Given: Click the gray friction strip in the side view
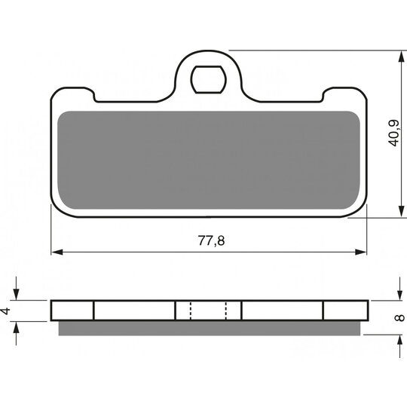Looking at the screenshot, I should point(211,326).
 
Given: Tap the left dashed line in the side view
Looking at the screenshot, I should point(190,311).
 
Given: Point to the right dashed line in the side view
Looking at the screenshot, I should point(226,311).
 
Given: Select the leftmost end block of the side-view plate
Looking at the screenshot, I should point(72,311).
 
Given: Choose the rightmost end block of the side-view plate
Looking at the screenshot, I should point(346,311).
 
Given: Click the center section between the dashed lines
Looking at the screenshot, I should point(208,311).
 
